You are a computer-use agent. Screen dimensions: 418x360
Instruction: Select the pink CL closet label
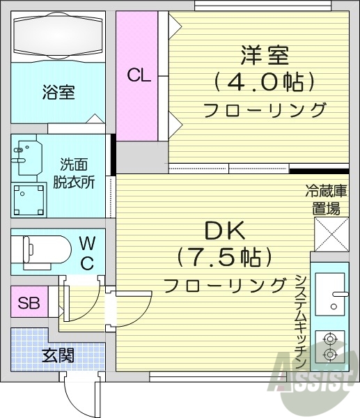[x=139, y=75]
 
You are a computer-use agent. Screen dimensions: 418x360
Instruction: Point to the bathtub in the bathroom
[x=58, y=36]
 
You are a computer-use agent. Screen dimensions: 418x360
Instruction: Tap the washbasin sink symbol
[x=26, y=160]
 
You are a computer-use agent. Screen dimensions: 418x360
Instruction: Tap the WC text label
[x=87, y=252]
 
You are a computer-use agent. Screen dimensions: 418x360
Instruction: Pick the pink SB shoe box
[x=29, y=303]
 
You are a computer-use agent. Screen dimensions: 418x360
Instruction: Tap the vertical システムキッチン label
[x=300, y=320]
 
